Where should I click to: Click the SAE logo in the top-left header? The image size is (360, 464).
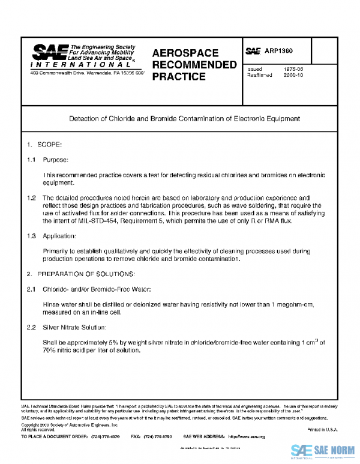pos(50,52)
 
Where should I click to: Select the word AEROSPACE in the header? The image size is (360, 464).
pos(185,53)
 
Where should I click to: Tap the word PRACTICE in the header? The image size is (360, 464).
pos(178,76)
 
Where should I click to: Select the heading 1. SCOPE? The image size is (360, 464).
pos(44,145)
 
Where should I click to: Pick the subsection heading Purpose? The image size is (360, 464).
pos(55,160)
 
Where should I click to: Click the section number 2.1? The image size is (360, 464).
pos(31,289)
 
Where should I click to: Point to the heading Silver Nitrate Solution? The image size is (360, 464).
pos(74,327)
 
